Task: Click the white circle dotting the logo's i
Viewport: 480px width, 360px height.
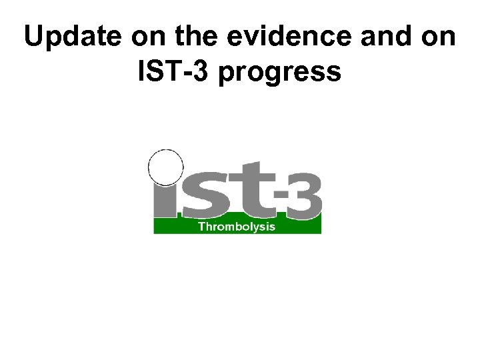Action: (x=165, y=167)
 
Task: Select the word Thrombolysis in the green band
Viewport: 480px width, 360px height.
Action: (x=237, y=226)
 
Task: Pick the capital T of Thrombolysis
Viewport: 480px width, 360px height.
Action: (x=202, y=226)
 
